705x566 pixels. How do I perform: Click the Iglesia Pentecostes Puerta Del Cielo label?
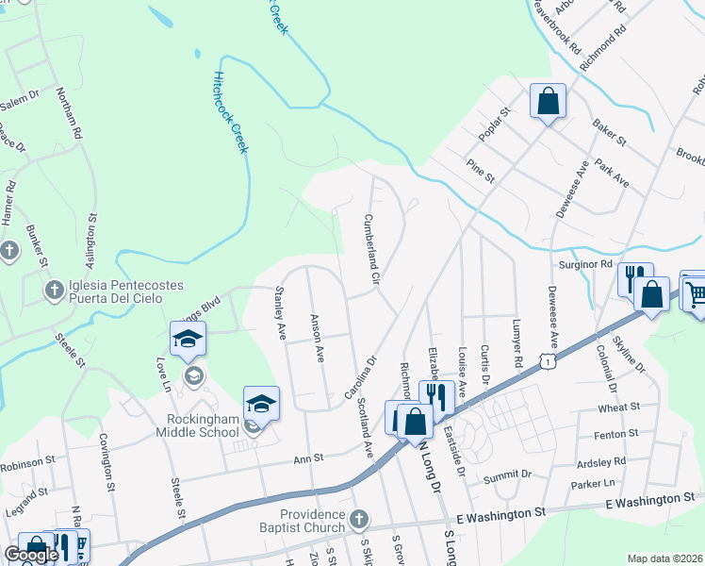click(119, 291)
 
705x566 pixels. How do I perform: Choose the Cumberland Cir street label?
click(370, 249)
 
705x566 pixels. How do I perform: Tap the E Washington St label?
click(500, 514)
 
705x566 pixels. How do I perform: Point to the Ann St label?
click(308, 458)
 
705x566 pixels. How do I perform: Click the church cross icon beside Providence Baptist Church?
click(358, 519)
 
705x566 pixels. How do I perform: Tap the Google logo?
click(31, 556)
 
